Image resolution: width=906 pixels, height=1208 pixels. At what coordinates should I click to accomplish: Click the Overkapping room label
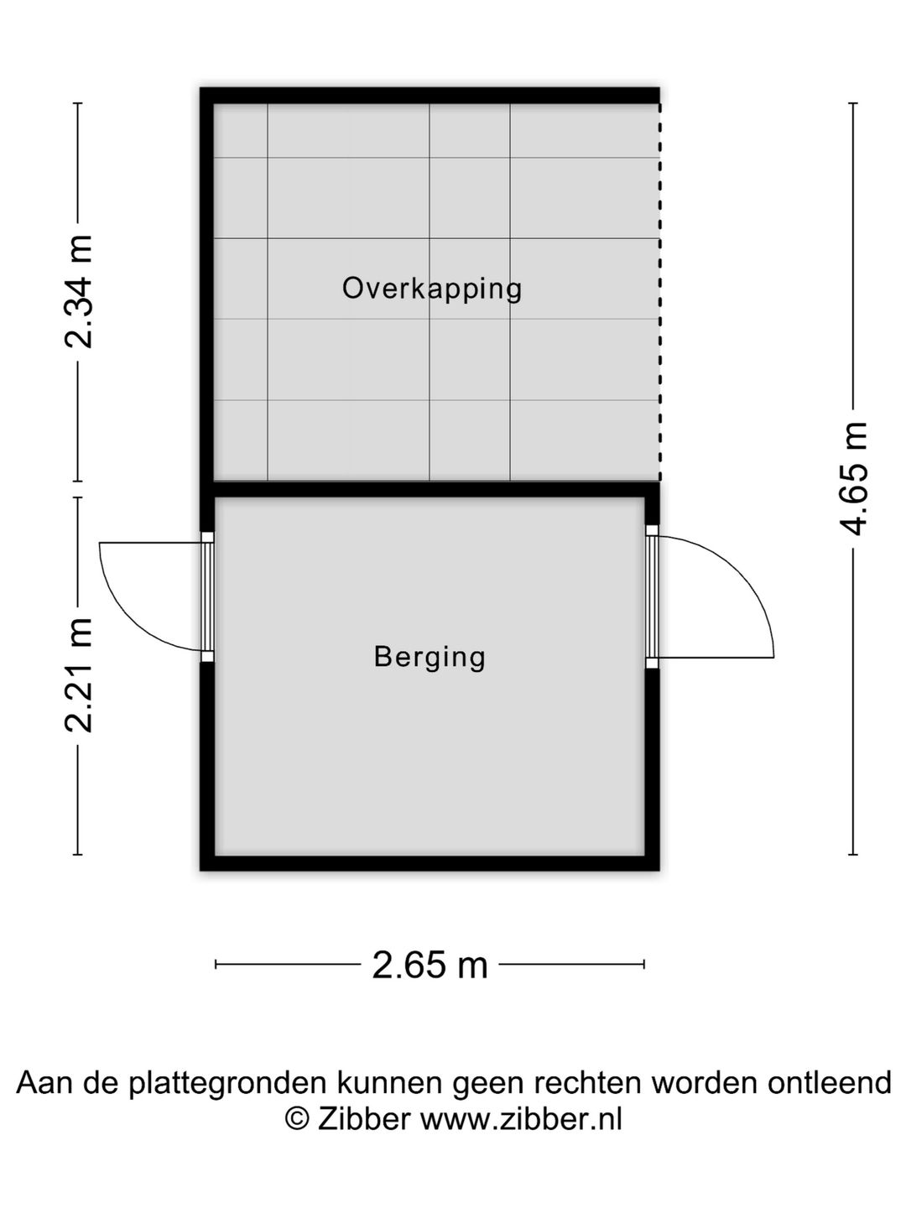click(432, 289)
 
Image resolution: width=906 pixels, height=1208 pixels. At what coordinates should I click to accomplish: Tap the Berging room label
click(430, 658)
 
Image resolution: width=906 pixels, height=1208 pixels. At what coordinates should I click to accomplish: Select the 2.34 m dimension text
click(78, 292)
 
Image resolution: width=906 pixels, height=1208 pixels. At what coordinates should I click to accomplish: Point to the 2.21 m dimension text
click(78, 676)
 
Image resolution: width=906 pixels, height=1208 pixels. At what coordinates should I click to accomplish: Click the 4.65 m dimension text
click(852, 479)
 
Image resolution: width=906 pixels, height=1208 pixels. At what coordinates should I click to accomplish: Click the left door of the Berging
click(207, 596)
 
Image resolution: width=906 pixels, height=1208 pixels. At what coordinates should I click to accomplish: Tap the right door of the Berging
click(652, 596)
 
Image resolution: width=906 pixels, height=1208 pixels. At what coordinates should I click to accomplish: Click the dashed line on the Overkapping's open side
click(660, 292)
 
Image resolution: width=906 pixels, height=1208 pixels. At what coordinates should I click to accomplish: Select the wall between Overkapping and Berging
click(430, 489)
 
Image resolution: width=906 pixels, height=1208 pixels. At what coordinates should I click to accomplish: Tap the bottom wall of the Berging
click(430, 863)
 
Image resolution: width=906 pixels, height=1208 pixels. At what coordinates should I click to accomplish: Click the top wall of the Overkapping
click(430, 95)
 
